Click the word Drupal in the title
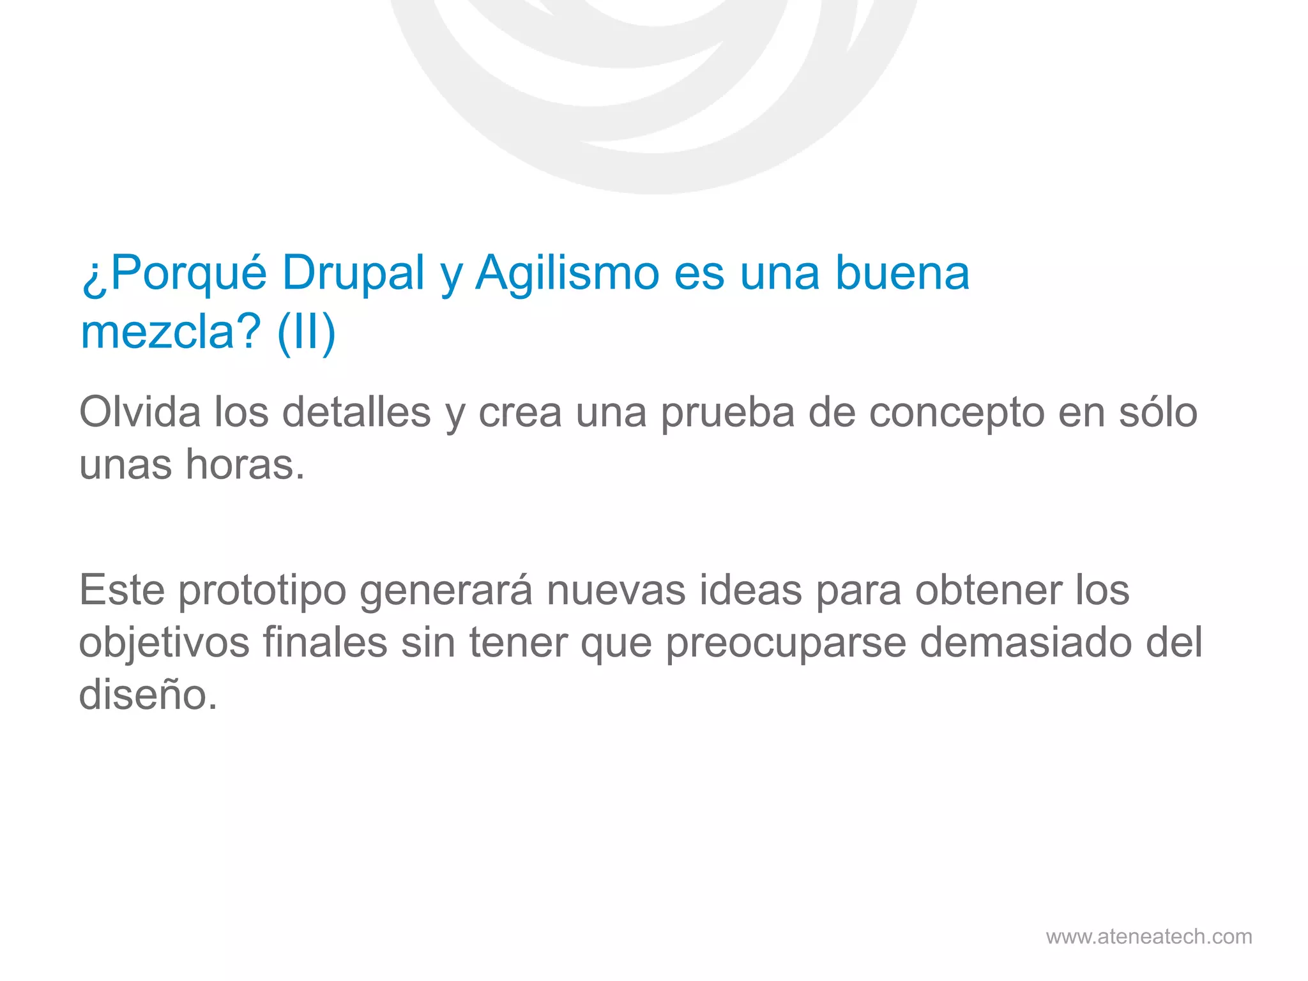click(353, 273)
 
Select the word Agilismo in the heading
click(567, 273)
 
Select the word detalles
click(356, 412)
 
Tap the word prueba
click(727, 413)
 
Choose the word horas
click(245, 464)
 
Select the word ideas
click(750, 589)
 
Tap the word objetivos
click(164, 643)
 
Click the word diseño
click(148, 694)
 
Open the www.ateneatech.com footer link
click(1149, 936)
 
